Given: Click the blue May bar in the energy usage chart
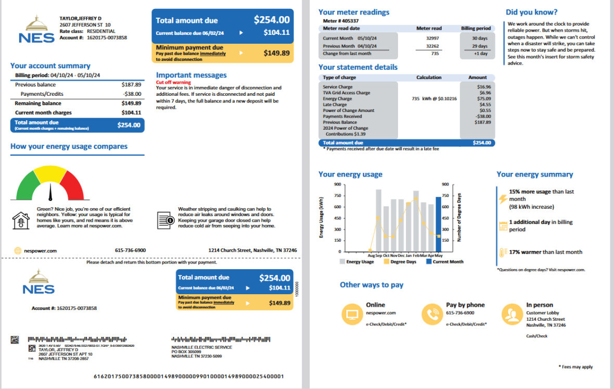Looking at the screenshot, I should click(x=438, y=224).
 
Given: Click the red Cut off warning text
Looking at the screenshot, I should click(x=174, y=82).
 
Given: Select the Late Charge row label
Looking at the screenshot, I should click(x=334, y=105).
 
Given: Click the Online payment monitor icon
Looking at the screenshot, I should click(x=352, y=314).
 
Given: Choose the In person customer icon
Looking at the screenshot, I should click(x=512, y=314).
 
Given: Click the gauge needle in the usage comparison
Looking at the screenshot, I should click(x=50, y=192).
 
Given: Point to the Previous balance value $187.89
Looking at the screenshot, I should click(x=131, y=84).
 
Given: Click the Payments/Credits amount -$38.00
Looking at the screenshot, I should click(x=132, y=94).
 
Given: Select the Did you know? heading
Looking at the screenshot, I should click(x=531, y=12).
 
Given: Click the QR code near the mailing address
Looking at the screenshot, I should click(x=15, y=340).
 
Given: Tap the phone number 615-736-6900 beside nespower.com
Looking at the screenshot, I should click(x=130, y=250).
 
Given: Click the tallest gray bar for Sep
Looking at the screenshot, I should click(x=378, y=221).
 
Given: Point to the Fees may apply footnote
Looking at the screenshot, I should click(x=576, y=367).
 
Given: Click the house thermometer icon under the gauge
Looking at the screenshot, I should click(x=20, y=221).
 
